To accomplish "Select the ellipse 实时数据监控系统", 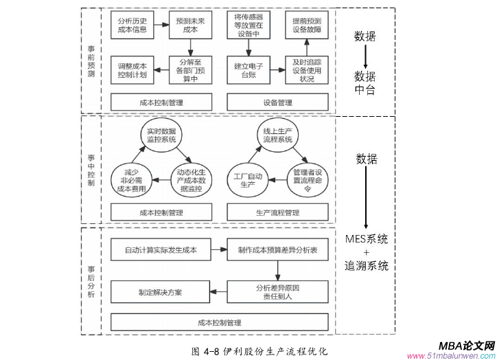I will click(161, 135).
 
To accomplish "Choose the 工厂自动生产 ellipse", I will click(246, 180).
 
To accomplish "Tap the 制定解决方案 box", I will click(161, 291).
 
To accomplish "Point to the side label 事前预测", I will click(92, 62).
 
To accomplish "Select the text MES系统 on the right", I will click(366, 240).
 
